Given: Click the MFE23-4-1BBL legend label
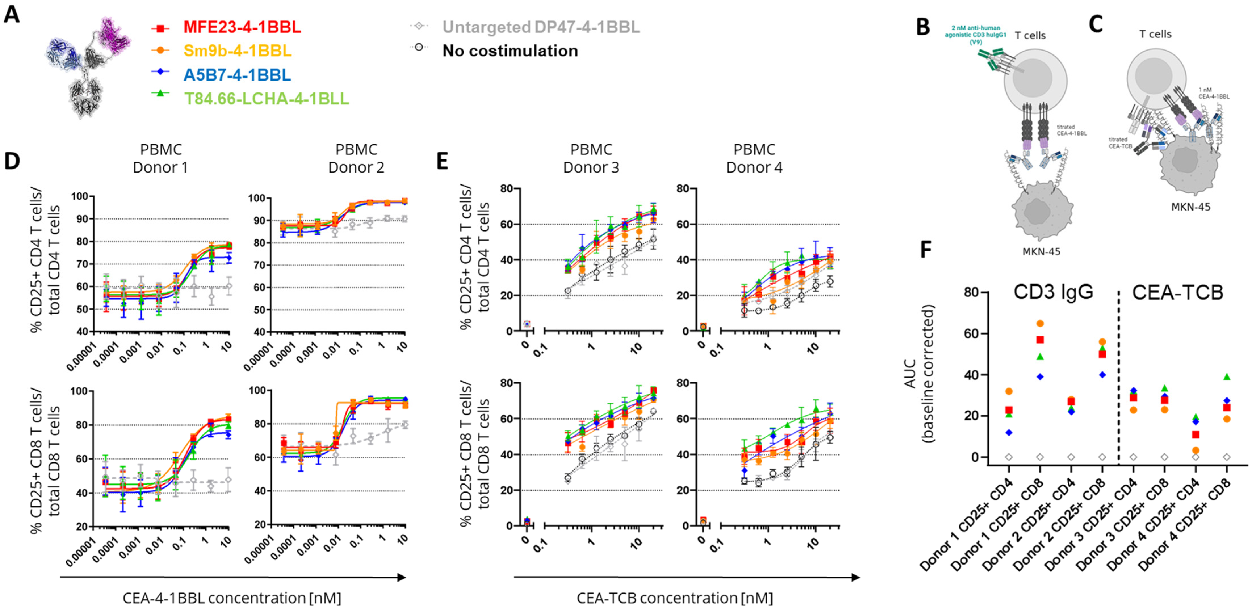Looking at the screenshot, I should (242, 27).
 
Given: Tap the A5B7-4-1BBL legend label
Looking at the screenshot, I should (237, 75).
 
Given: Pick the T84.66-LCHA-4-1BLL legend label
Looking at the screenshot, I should (266, 98).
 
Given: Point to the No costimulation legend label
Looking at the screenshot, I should (510, 51).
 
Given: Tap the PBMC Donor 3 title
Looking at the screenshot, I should (591, 158).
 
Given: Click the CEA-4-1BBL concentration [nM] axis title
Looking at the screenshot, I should (232, 598).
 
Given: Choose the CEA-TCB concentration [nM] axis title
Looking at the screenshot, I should (675, 598).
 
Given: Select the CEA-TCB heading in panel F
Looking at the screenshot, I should (1178, 292).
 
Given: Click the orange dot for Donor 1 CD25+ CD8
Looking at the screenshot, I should (1040, 323).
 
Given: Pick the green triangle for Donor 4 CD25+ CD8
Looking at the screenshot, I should (1227, 376).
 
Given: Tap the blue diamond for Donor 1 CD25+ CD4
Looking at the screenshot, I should (1009, 432).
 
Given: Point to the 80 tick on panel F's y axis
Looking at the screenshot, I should (972, 292).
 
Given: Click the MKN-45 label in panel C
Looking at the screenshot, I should (1190, 207).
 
